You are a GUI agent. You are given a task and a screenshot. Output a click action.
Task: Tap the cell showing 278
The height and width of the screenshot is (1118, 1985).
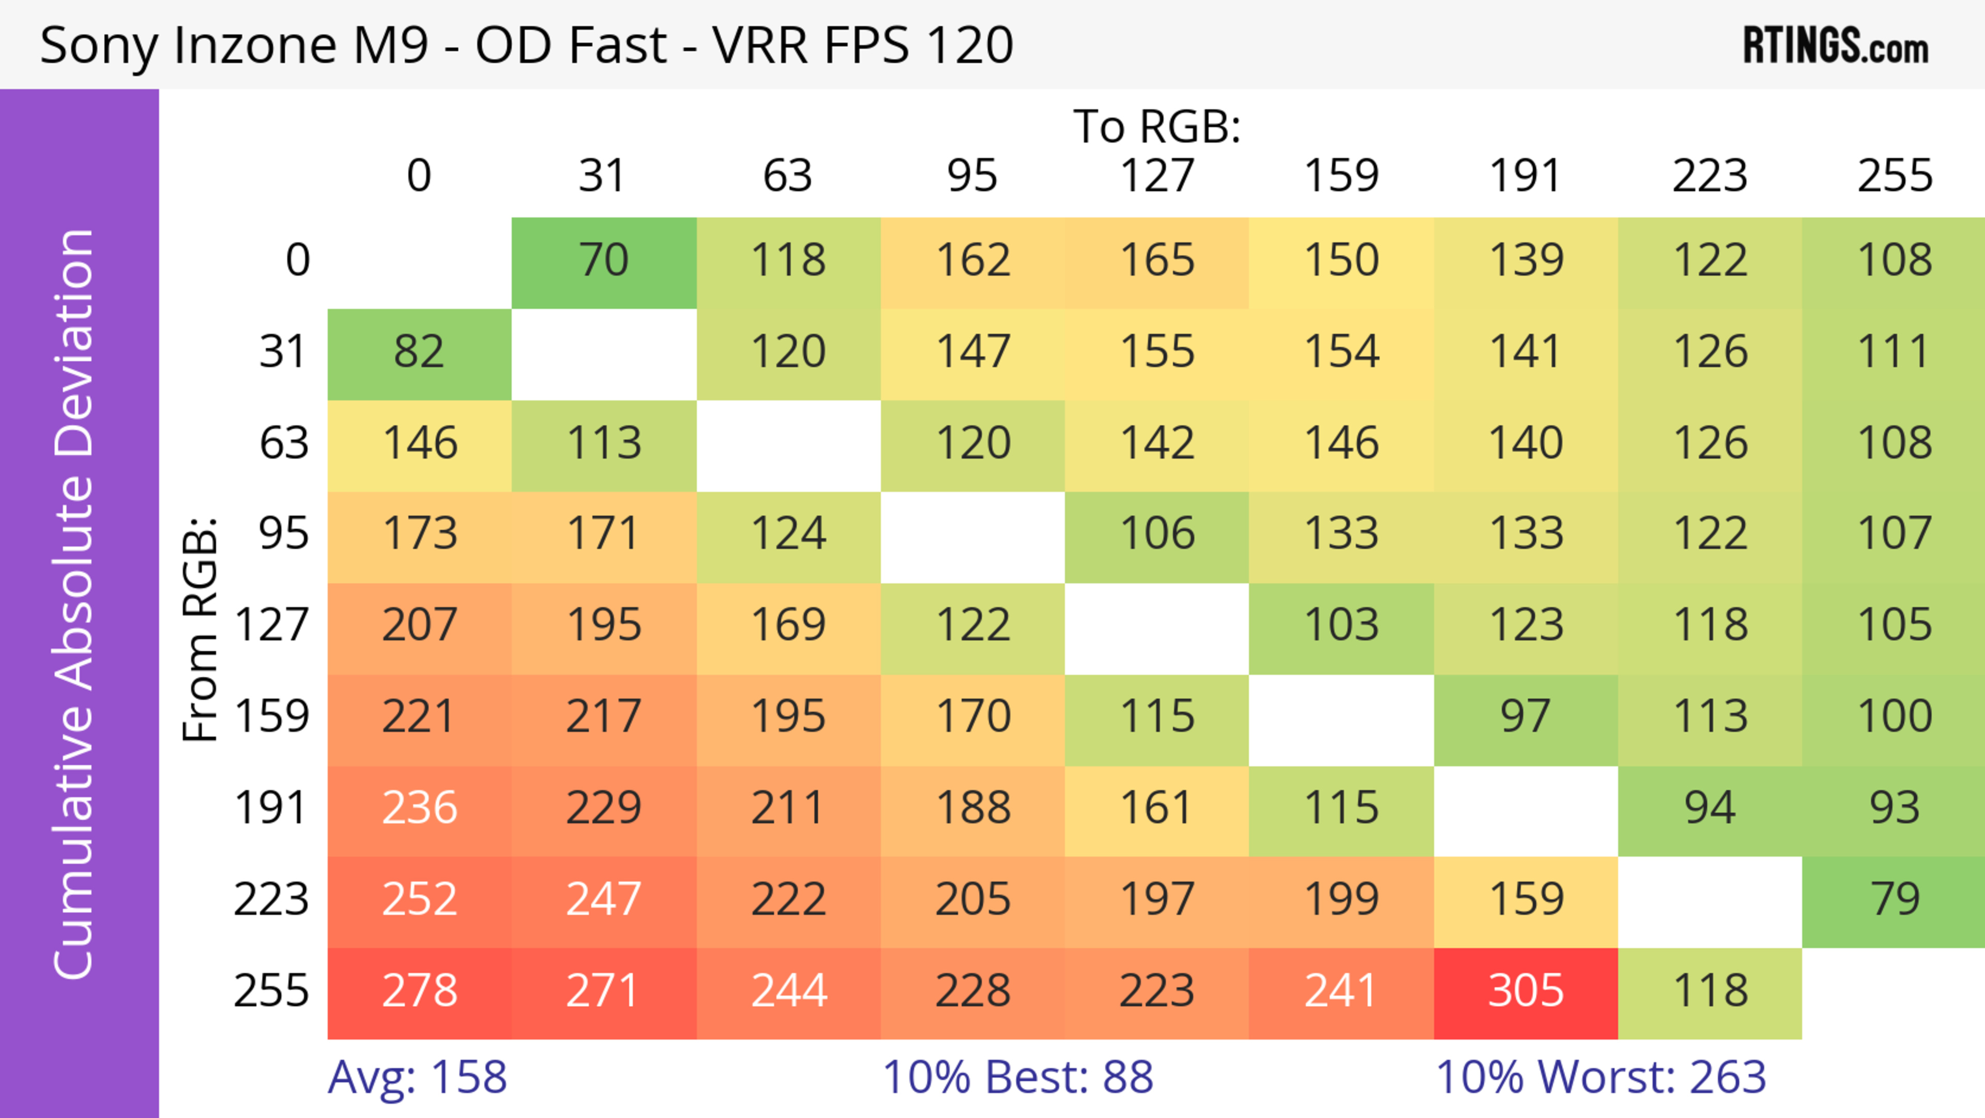[419, 991]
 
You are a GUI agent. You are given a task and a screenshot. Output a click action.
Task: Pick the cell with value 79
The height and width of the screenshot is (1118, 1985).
[1894, 899]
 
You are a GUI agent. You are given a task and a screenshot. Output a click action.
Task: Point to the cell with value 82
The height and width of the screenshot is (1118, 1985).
[419, 352]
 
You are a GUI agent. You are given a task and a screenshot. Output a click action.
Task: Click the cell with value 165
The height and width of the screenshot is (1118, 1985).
[1157, 261]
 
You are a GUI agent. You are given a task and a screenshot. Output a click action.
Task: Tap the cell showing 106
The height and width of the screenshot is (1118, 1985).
[1157, 533]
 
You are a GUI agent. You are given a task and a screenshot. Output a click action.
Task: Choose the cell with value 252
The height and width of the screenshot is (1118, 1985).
[419, 899]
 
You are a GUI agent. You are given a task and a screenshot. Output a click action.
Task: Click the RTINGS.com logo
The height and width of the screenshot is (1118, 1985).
[1836, 46]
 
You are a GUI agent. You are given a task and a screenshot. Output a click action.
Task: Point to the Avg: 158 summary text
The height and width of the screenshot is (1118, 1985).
[417, 1077]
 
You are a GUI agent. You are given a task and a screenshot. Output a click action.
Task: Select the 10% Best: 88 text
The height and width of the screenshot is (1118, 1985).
[1017, 1077]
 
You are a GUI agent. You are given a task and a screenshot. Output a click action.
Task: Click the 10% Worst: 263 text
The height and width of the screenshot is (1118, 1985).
[1600, 1077]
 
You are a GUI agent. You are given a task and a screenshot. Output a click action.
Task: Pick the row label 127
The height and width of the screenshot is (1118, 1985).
[271, 624]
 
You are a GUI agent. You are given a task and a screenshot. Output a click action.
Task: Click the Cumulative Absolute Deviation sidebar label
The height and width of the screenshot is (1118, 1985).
[75, 604]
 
